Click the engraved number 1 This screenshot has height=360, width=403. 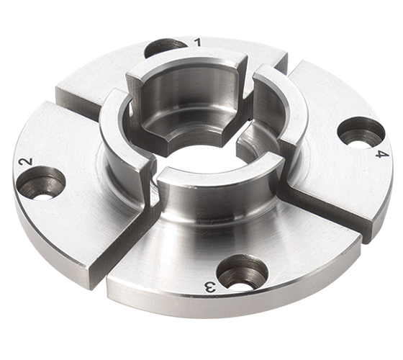coord(198,43)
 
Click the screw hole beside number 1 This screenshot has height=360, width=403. coord(165,48)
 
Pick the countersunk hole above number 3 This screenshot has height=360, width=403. coord(242,271)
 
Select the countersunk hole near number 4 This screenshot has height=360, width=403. coord(361,131)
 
